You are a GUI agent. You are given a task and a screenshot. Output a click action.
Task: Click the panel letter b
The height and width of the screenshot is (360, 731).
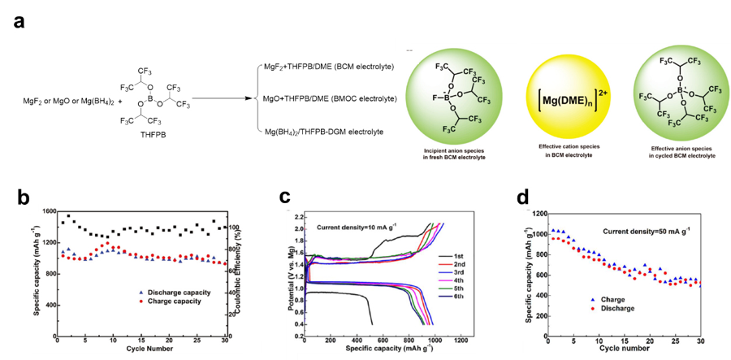click(24, 199)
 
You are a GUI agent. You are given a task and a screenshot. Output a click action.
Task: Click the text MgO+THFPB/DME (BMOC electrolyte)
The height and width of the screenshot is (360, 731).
click(330, 98)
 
